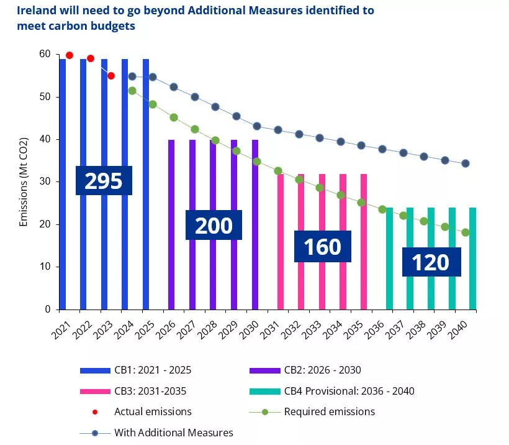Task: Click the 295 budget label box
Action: pyautogui.click(x=104, y=180)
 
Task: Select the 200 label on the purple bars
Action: pyautogui.click(x=214, y=225)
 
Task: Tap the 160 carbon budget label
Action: pyautogui.click(x=322, y=246)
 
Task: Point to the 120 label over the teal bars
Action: pyautogui.click(x=431, y=262)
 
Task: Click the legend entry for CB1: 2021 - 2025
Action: pyautogui.click(x=136, y=370)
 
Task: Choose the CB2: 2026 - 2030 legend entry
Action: pyautogui.click(x=305, y=370)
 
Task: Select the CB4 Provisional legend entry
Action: pyautogui.click(x=331, y=391)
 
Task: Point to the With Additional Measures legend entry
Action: pyautogui.click(x=156, y=432)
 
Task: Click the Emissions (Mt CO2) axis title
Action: pyautogui.click(x=24, y=181)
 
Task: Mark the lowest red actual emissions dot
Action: pyautogui.click(x=111, y=76)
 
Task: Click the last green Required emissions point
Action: pyautogui.click(x=466, y=232)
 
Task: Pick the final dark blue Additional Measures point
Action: pyautogui.click(x=466, y=163)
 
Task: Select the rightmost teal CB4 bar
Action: pyautogui.click(x=473, y=258)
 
